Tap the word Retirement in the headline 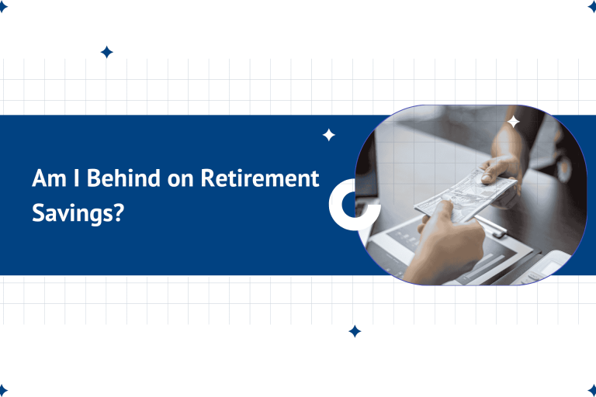point(260,178)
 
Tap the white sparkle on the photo point(513,122)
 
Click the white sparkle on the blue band point(329,135)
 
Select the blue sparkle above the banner point(107,52)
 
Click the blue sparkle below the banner point(355,331)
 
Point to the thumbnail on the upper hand point(486,178)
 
